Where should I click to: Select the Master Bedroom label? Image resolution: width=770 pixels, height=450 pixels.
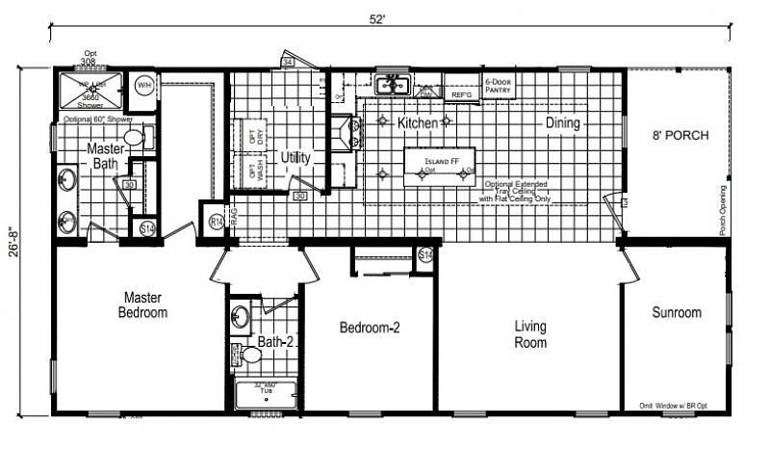(x=143, y=305)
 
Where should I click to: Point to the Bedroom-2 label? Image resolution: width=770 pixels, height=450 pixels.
(x=370, y=328)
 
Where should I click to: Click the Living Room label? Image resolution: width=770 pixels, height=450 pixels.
(x=529, y=334)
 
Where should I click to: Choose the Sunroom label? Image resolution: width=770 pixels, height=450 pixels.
(x=677, y=312)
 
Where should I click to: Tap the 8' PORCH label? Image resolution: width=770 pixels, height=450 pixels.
(x=680, y=136)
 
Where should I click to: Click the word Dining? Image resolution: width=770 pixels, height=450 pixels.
(x=563, y=122)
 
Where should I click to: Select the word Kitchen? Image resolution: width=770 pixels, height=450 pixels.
(x=418, y=123)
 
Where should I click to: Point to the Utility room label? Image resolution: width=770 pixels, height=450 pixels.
(x=295, y=157)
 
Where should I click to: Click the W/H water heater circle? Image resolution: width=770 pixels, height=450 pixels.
(x=144, y=86)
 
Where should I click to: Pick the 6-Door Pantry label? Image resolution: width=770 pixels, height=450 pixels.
(x=498, y=85)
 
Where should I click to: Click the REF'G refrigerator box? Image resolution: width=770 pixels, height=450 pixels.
(x=461, y=94)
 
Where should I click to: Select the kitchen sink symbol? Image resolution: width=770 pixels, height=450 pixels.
(x=393, y=86)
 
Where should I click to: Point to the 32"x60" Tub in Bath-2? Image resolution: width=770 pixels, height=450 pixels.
(x=266, y=394)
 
